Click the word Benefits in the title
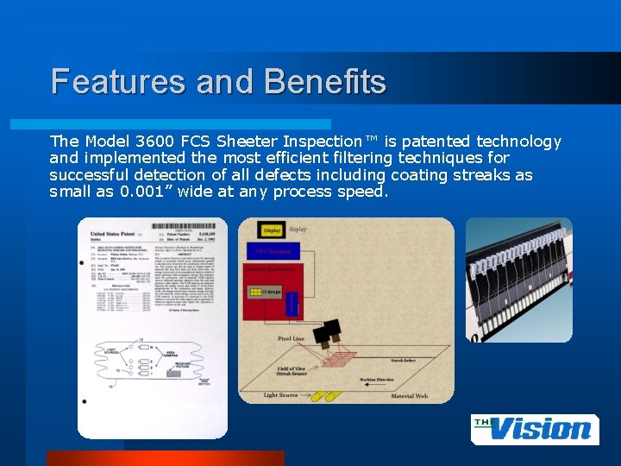click(x=326, y=83)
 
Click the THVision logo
click(x=535, y=429)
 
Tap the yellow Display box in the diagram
click(x=272, y=230)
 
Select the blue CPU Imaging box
click(x=272, y=251)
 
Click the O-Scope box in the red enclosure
click(x=270, y=292)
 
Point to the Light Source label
click(x=280, y=395)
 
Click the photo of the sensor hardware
click(x=518, y=280)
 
